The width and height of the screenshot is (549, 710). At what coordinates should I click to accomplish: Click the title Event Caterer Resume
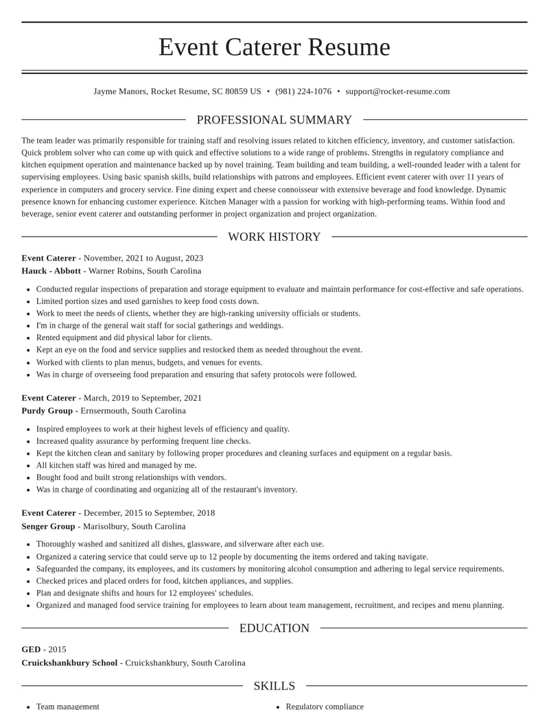point(274,47)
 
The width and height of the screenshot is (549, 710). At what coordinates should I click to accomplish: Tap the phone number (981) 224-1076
point(303,91)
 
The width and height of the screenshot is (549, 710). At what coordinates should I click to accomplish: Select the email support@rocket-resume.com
point(397,91)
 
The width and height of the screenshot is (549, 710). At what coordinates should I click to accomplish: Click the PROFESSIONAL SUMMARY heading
point(274,120)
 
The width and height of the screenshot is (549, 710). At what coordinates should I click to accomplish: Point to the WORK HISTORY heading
point(274,237)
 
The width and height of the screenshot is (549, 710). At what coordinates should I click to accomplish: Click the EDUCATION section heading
point(274,628)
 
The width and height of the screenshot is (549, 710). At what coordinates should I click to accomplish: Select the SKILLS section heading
point(274,686)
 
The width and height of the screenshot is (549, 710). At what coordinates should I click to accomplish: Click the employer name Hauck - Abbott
point(51,271)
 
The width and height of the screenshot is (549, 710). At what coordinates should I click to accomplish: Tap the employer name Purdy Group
point(47,411)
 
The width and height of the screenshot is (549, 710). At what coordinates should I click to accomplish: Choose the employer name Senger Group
point(48,526)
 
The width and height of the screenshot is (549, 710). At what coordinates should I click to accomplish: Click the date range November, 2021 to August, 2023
point(143,258)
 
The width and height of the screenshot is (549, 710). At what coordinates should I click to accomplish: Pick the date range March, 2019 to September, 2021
point(143,398)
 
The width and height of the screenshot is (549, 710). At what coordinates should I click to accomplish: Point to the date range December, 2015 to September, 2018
point(149,513)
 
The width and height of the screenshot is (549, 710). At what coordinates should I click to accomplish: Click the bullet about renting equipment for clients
point(124,338)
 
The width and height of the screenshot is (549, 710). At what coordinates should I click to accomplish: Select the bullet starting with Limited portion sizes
point(148,301)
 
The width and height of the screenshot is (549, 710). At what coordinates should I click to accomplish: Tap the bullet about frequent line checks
point(143,441)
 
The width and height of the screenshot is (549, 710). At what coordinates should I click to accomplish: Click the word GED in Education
point(31,650)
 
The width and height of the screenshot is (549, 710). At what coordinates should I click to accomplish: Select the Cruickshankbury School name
point(69,663)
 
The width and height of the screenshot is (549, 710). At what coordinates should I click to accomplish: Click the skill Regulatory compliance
point(325,706)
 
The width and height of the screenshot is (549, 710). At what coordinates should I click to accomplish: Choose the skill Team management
point(68,706)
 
